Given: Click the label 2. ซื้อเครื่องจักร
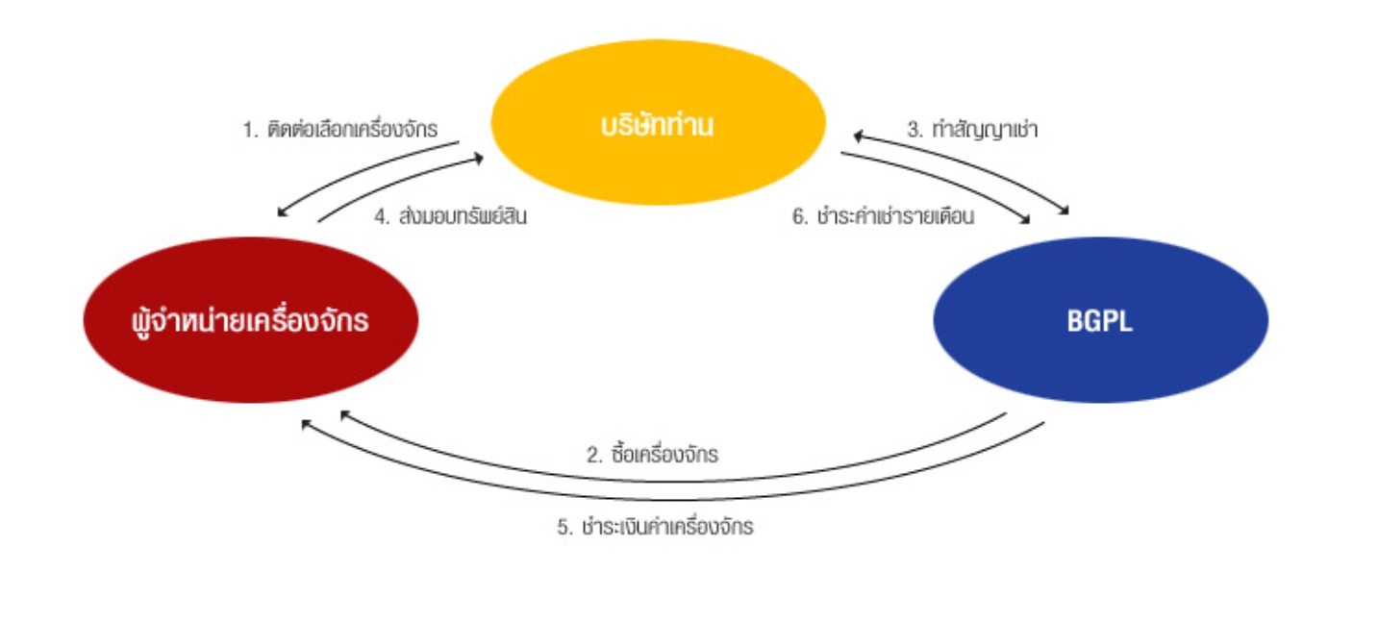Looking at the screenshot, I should pos(653,455).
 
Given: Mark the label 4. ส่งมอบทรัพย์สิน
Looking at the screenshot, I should pos(450,217).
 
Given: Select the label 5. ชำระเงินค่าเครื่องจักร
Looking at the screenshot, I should pos(654,528).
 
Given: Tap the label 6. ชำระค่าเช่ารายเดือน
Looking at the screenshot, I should pos(883,217).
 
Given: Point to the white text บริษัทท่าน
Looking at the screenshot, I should pos(658,126).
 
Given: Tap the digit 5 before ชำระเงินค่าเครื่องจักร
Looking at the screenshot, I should pos(564,528).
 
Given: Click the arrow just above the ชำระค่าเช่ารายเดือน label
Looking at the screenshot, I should pos(942,183).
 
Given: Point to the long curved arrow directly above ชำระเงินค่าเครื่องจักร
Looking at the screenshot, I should pos(673,499).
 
